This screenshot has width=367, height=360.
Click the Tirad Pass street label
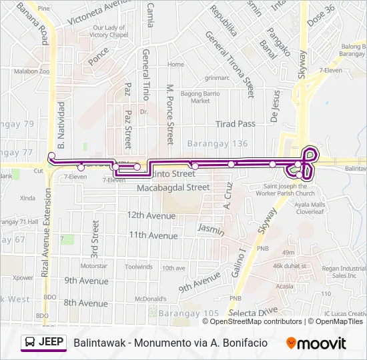point(236,124)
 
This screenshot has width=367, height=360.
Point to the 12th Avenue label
point(151,215)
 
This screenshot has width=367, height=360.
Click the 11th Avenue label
point(153,235)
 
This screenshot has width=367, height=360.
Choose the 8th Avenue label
point(85,303)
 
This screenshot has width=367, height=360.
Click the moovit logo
point(316,343)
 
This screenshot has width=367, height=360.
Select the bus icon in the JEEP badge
point(30,343)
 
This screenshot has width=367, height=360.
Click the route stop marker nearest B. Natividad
point(51,156)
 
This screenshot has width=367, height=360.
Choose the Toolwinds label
point(139,267)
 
